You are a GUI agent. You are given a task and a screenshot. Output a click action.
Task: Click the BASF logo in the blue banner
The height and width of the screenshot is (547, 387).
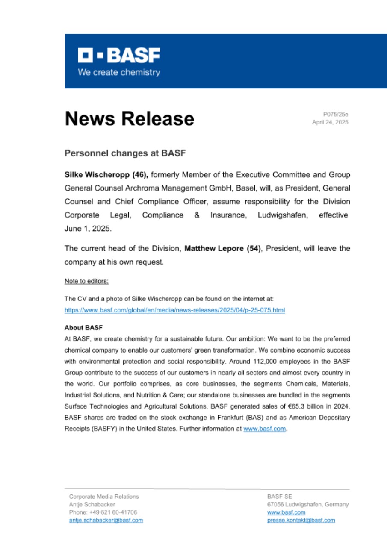click(118, 56)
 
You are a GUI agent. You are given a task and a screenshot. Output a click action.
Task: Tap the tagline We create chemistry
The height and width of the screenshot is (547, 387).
click(118, 72)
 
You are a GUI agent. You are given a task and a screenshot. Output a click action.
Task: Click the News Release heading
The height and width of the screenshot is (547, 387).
click(129, 118)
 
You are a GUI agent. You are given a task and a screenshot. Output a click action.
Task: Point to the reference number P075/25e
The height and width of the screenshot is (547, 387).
click(336, 114)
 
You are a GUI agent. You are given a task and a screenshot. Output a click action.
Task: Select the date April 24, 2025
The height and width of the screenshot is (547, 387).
click(331, 122)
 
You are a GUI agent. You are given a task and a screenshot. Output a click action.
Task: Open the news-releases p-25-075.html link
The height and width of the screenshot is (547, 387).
click(174, 310)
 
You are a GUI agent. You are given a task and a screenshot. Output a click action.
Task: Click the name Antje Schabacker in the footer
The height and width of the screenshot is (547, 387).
click(92, 504)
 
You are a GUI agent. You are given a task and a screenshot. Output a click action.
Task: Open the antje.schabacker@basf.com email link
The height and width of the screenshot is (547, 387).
click(106, 520)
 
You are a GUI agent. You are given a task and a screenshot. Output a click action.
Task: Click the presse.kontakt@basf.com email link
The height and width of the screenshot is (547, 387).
click(301, 520)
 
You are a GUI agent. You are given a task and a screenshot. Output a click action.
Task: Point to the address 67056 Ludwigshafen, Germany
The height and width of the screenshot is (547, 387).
click(307, 504)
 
